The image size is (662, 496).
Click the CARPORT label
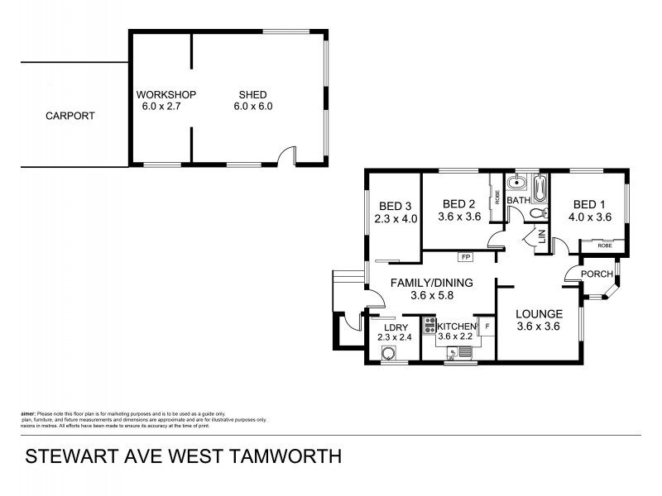[x=70, y=117]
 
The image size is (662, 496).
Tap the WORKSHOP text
[x=164, y=93]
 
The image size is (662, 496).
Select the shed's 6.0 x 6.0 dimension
[x=255, y=107]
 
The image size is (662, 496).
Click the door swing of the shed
[x=287, y=155]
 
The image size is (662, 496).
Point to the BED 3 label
[x=396, y=207]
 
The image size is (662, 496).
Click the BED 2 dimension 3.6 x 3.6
[x=459, y=217]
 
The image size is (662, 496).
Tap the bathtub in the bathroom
[x=540, y=188]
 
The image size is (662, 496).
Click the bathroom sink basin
[x=517, y=184]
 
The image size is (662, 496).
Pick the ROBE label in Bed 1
[x=605, y=246]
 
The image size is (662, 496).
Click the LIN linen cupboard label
[x=541, y=237]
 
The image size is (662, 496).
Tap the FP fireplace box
[x=466, y=257]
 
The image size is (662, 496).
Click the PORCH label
[x=597, y=274]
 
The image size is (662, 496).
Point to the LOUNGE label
[x=539, y=314]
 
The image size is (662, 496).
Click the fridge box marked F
[x=487, y=327]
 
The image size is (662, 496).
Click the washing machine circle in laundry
[x=388, y=355]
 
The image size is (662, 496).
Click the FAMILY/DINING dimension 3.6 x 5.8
[x=431, y=296]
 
